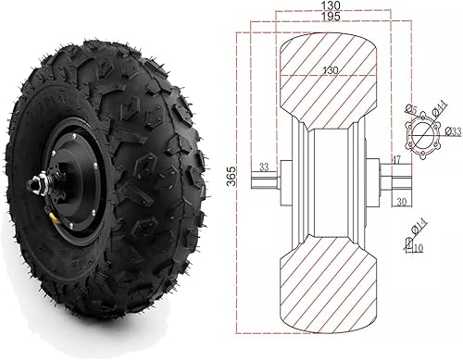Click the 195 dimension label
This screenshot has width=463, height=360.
(331, 17)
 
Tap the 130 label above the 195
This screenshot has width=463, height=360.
(331, 6)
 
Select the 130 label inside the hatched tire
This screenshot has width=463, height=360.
(331, 70)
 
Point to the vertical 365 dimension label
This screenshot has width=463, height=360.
(231, 176)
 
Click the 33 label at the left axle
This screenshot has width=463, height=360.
(264, 167)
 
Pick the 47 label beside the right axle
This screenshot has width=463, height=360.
(396, 160)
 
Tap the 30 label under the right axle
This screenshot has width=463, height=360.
(401, 202)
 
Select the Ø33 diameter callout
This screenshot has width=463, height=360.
(454, 132)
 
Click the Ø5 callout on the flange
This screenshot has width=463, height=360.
(411, 109)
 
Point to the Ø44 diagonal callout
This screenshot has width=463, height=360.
(440, 109)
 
